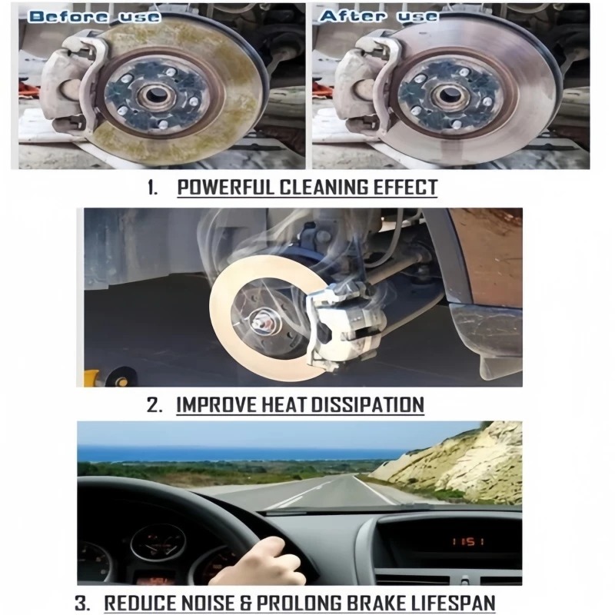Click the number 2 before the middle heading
[153, 404]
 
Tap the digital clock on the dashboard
[467, 543]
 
